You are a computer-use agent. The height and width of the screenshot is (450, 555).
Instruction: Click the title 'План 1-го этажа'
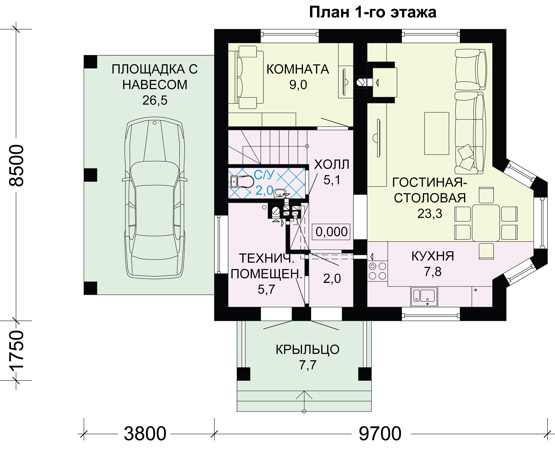click(373, 12)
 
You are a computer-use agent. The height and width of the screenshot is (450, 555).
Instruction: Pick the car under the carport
click(155, 198)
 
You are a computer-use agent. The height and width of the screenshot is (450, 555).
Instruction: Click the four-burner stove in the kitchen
click(377, 271)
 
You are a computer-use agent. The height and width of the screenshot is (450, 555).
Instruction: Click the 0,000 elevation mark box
click(331, 232)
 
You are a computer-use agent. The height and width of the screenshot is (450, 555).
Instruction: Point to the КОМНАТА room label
click(298, 69)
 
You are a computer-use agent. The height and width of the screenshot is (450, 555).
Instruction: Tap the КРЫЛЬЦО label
click(308, 350)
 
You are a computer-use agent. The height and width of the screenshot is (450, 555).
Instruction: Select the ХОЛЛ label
click(332, 164)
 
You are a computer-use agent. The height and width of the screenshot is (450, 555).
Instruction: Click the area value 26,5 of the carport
click(155, 100)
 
